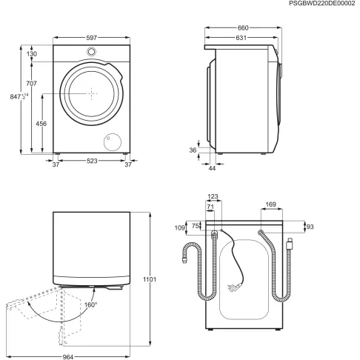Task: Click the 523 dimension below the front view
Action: (92, 162)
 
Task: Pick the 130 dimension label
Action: (33, 54)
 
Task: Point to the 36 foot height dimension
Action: (193, 150)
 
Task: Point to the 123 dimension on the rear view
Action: (213, 197)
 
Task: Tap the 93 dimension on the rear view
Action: (310, 226)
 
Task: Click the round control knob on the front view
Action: (92, 53)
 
